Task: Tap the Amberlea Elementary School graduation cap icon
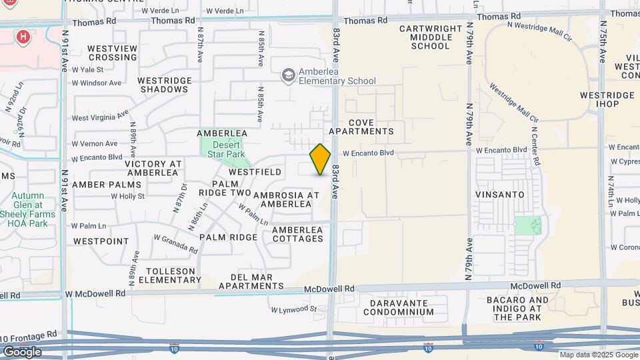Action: pyautogui.click(x=288, y=75)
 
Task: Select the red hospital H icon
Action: pyautogui.click(x=23, y=36)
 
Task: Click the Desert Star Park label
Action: pyautogui.click(x=225, y=150)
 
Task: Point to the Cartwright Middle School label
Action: pyautogui.click(x=431, y=37)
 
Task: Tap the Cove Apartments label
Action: pyautogui.click(x=371, y=127)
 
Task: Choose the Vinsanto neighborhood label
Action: pyautogui.click(x=499, y=194)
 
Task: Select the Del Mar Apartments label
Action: pyautogui.click(x=247, y=281)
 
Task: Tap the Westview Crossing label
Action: pyautogui.click(x=112, y=53)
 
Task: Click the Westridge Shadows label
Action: pyautogui.click(x=164, y=85)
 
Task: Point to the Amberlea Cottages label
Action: pyautogui.click(x=297, y=235)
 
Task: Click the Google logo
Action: pyautogui.click(x=21, y=351)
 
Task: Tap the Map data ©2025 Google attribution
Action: pyautogui.click(x=597, y=355)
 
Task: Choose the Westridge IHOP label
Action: pyautogui.click(x=607, y=100)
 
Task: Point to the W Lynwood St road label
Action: pyautogui.click(x=295, y=309)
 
